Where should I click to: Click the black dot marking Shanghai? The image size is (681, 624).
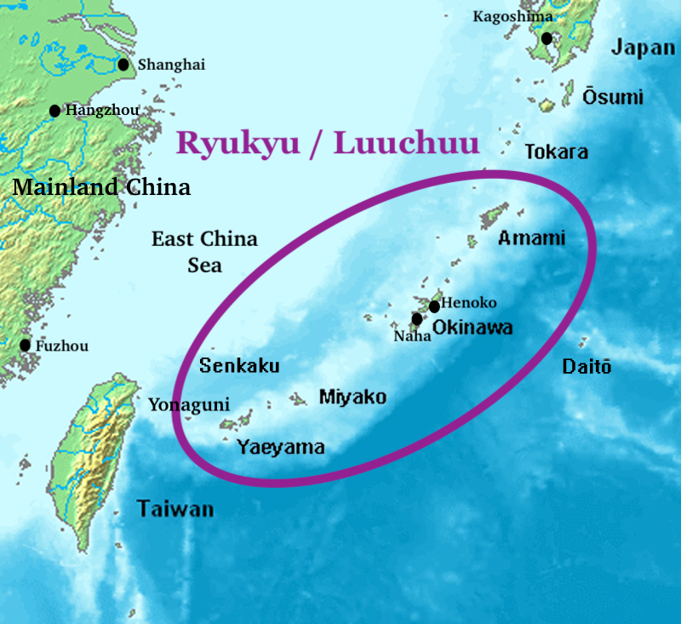pos(123,64)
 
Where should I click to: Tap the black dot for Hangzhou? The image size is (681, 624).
pos(55,110)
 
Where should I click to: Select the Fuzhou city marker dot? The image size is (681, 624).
pos(26,345)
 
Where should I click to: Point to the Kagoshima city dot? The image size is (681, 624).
pos(547,38)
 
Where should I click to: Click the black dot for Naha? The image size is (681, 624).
pos(417,319)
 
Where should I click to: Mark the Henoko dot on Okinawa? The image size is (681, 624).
pos(435,306)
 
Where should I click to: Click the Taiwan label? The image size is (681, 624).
pos(175,509)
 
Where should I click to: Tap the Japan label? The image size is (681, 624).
pos(643,48)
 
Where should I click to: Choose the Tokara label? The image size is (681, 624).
pos(556,152)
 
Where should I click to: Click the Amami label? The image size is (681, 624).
pos(531,238)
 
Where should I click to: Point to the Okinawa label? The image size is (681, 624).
pos(472,327)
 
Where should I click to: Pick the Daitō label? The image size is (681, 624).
pos(587,367)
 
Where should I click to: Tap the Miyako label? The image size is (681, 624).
pos(352,397)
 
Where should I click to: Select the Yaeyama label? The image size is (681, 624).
pos(280,446)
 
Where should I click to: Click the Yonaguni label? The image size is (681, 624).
pos(188,405)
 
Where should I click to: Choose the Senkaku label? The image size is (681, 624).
pos(239,366)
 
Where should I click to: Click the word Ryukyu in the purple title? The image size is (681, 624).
pos(237,143)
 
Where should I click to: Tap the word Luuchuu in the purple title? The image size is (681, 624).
pos(406,143)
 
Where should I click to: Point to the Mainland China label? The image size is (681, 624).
pos(101,186)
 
